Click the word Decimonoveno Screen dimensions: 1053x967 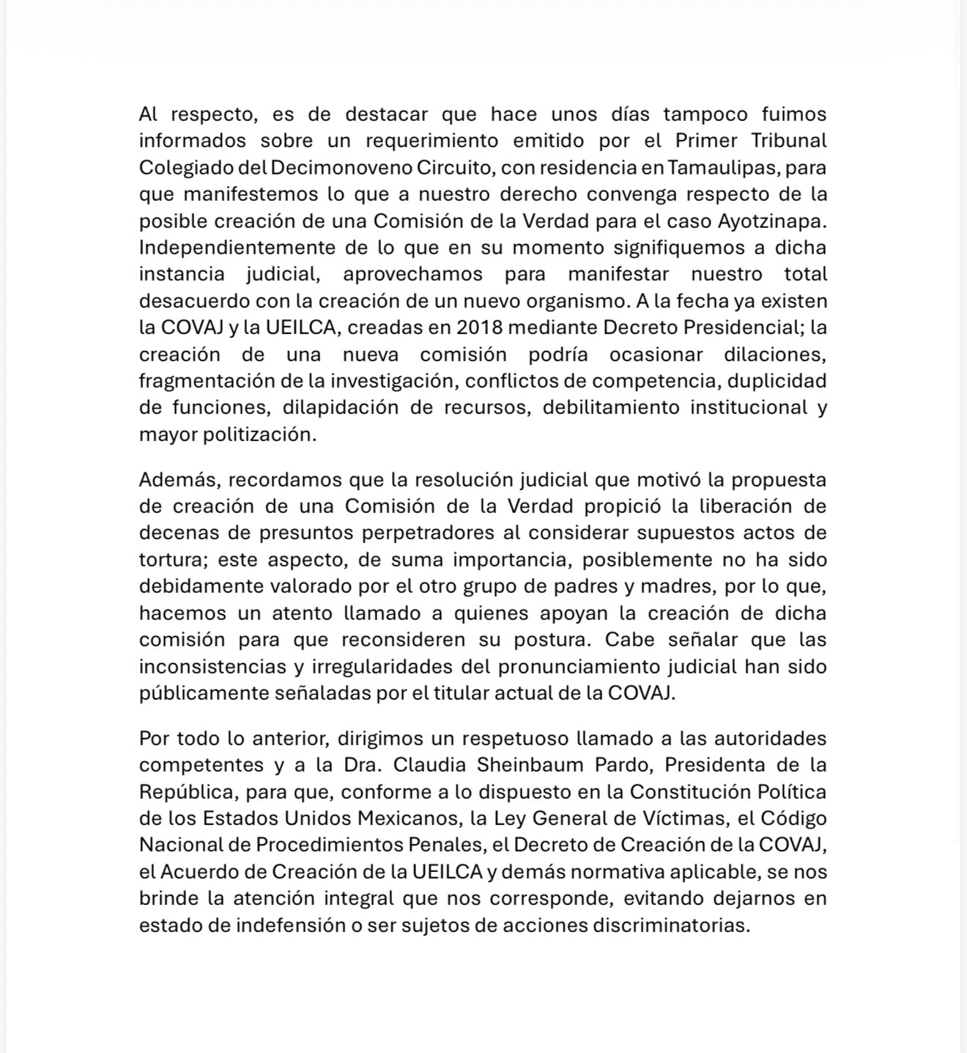point(341,168)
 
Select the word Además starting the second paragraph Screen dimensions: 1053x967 point(179,480)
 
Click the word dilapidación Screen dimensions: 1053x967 point(341,408)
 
